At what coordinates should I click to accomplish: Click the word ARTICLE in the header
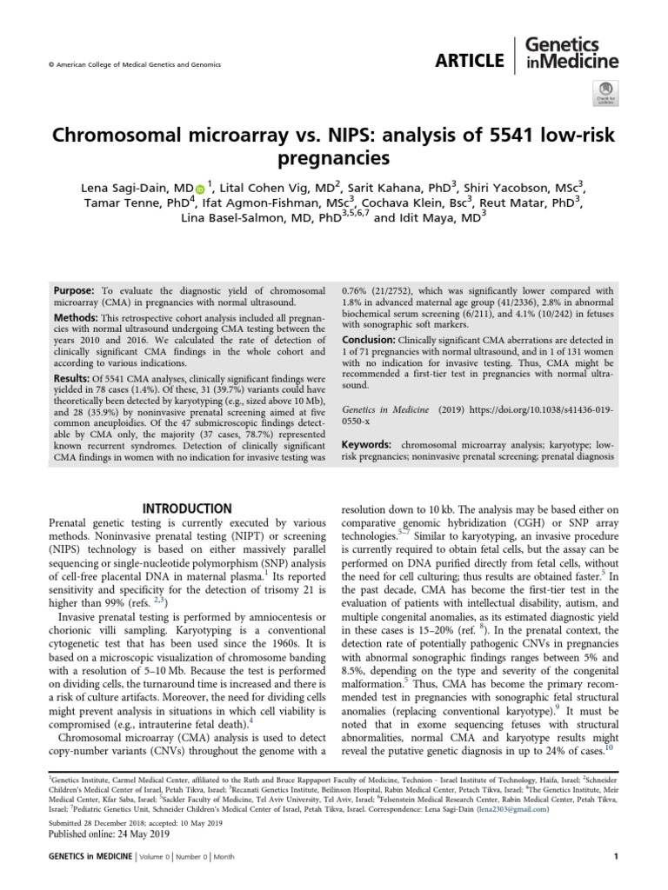[471, 60]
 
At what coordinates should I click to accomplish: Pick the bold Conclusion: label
[372, 339]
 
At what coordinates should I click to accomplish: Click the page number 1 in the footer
[615, 857]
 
